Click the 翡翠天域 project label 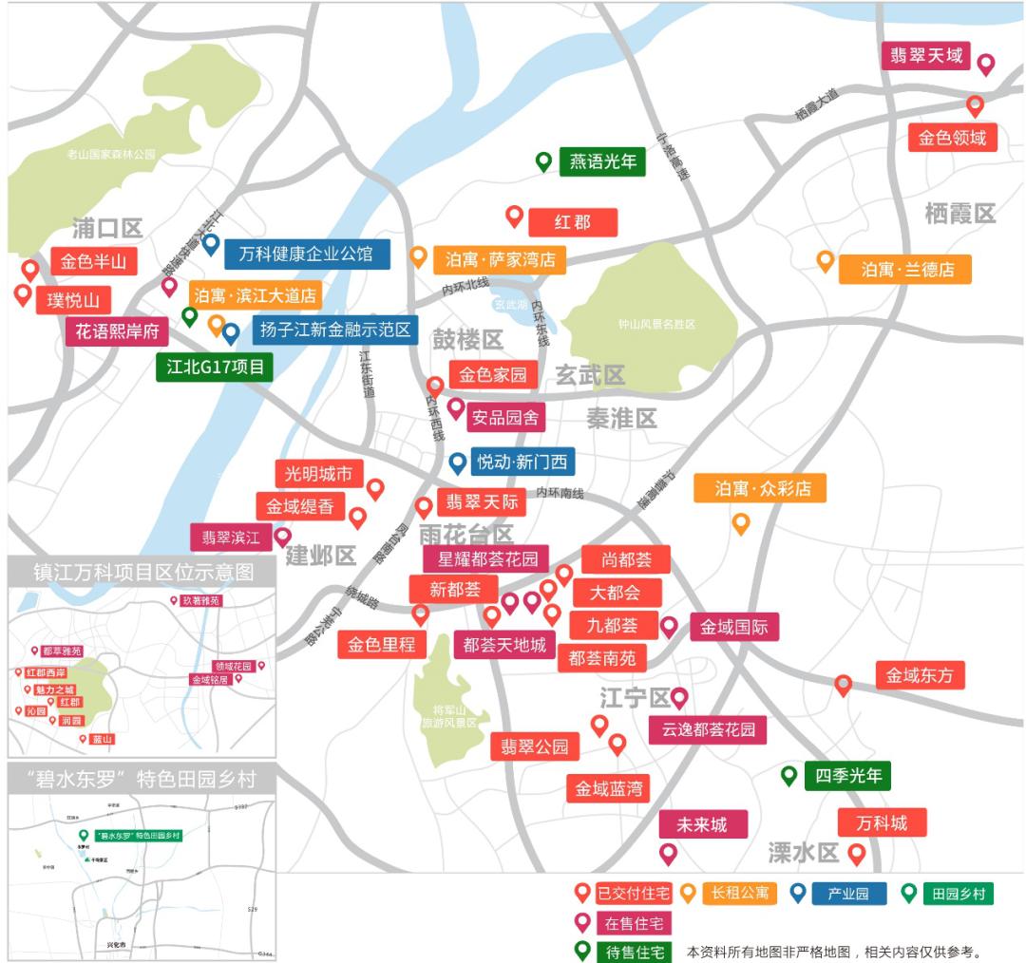[x=925, y=56]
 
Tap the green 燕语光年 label [x=602, y=162]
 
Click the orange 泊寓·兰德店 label [x=905, y=269]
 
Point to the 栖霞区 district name [x=959, y=214]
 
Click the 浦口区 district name [x=107, y=229]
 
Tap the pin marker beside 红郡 [x=514, y=217]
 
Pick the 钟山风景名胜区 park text [x=656, y=324]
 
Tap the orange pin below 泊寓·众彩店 [x=740, y=523]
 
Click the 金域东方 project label [x=920, y=676]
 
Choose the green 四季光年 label [x=847, y=776]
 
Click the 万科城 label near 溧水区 [x=881, y=822]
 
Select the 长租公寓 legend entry [x=739, y=894]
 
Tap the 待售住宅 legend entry [x=634, y=952]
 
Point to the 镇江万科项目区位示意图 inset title [x=143, y=573]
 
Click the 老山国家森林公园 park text [x=111, y=154]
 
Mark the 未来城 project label [x=704, y=824]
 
